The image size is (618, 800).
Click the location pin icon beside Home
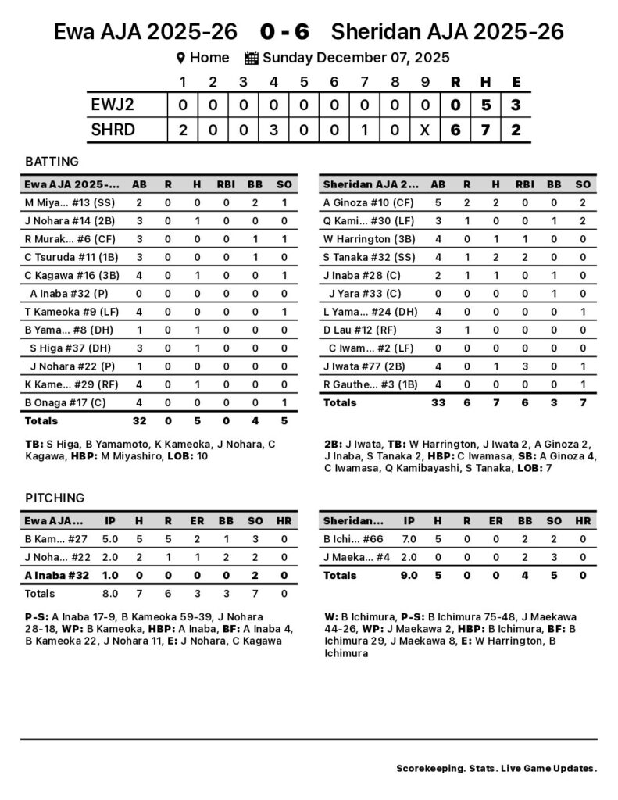coord(180,58)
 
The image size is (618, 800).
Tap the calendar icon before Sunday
coord(252,58)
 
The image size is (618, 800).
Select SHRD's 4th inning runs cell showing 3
coord(273,130)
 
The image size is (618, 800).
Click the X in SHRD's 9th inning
coord(424,130)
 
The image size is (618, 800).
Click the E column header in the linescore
coord(516,82)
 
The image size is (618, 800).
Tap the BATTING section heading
coord(52,162)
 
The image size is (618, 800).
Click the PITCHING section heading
coord(55,498)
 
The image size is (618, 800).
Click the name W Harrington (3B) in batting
coord(364,239)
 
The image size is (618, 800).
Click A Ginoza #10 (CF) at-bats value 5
coord(438,202)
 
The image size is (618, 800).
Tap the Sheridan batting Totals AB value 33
coord(438,402)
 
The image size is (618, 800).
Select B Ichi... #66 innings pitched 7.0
coord(409,538)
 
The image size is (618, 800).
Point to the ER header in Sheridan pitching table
coord(496,520)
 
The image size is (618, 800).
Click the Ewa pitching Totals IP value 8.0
coord(110,593)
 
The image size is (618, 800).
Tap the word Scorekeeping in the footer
coord(428,768)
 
